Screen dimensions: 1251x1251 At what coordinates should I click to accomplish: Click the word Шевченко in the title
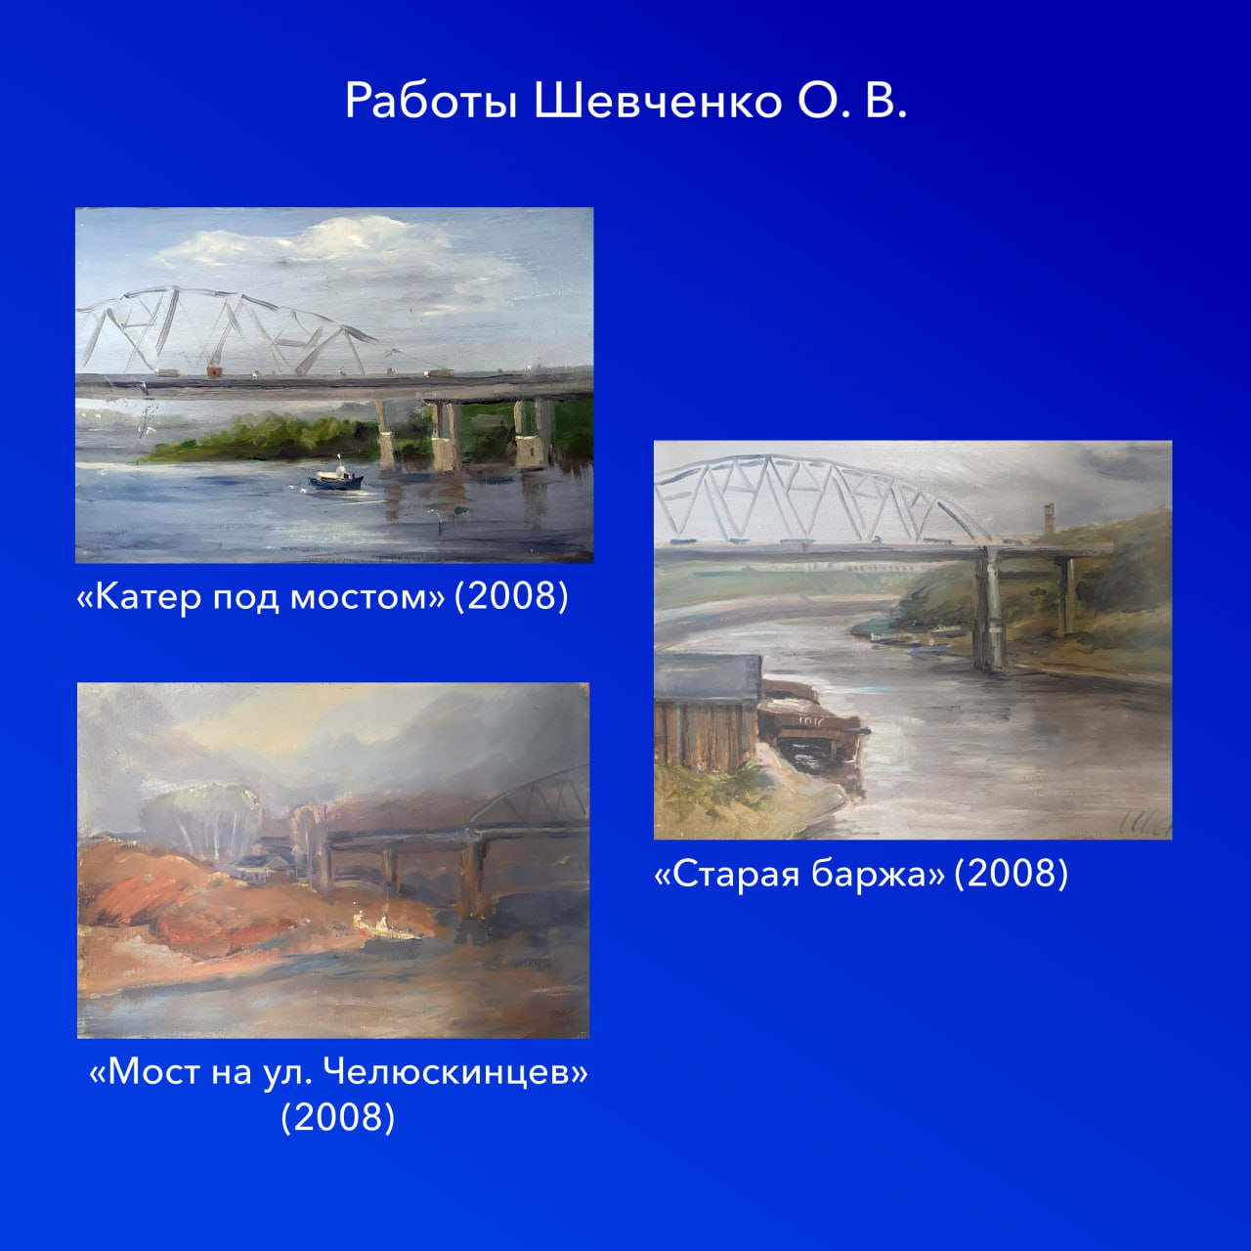tap(658, 102)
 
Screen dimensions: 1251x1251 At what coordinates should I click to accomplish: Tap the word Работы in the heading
tap(431, 102)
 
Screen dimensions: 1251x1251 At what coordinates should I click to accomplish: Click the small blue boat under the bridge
tap(336, 476)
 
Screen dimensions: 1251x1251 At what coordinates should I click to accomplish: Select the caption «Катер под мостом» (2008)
tap(323, 596)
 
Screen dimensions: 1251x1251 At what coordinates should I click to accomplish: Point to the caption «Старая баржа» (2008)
tap(861, 874)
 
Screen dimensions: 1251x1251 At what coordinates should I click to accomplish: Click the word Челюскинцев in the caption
tap(455, 1072)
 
